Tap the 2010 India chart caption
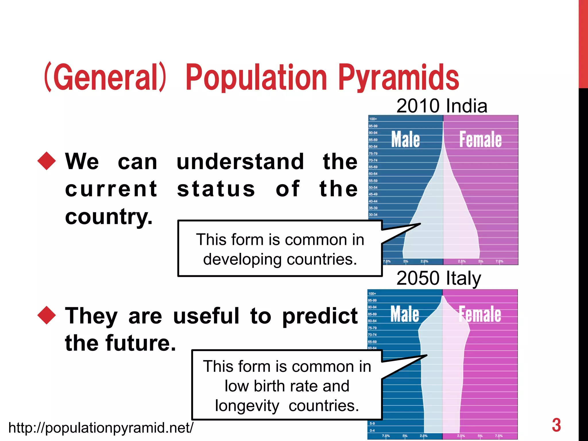coord(442,106)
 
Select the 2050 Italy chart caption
coord(438,278)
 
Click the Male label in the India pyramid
coord(405,140)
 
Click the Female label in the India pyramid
coord(480,140)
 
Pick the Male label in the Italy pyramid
coord(405,314)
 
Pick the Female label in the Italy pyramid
coord(480,314)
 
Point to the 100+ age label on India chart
coord(373,119)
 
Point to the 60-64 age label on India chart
coord(373,174)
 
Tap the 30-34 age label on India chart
coord(373,214)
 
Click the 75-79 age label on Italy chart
coord(372,328)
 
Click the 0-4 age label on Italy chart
coord(372,430)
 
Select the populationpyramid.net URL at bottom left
coord(101,428)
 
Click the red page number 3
coord(556,425)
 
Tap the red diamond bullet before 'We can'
coord(47,161)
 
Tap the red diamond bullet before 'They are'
coord(47,315)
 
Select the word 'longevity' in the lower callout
coord(247,406)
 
